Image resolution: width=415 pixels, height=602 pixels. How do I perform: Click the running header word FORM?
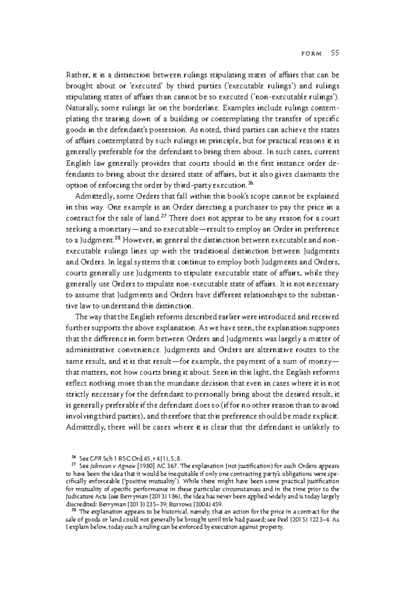(312, 54)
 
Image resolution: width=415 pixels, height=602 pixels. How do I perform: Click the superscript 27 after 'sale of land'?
(165, 216)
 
